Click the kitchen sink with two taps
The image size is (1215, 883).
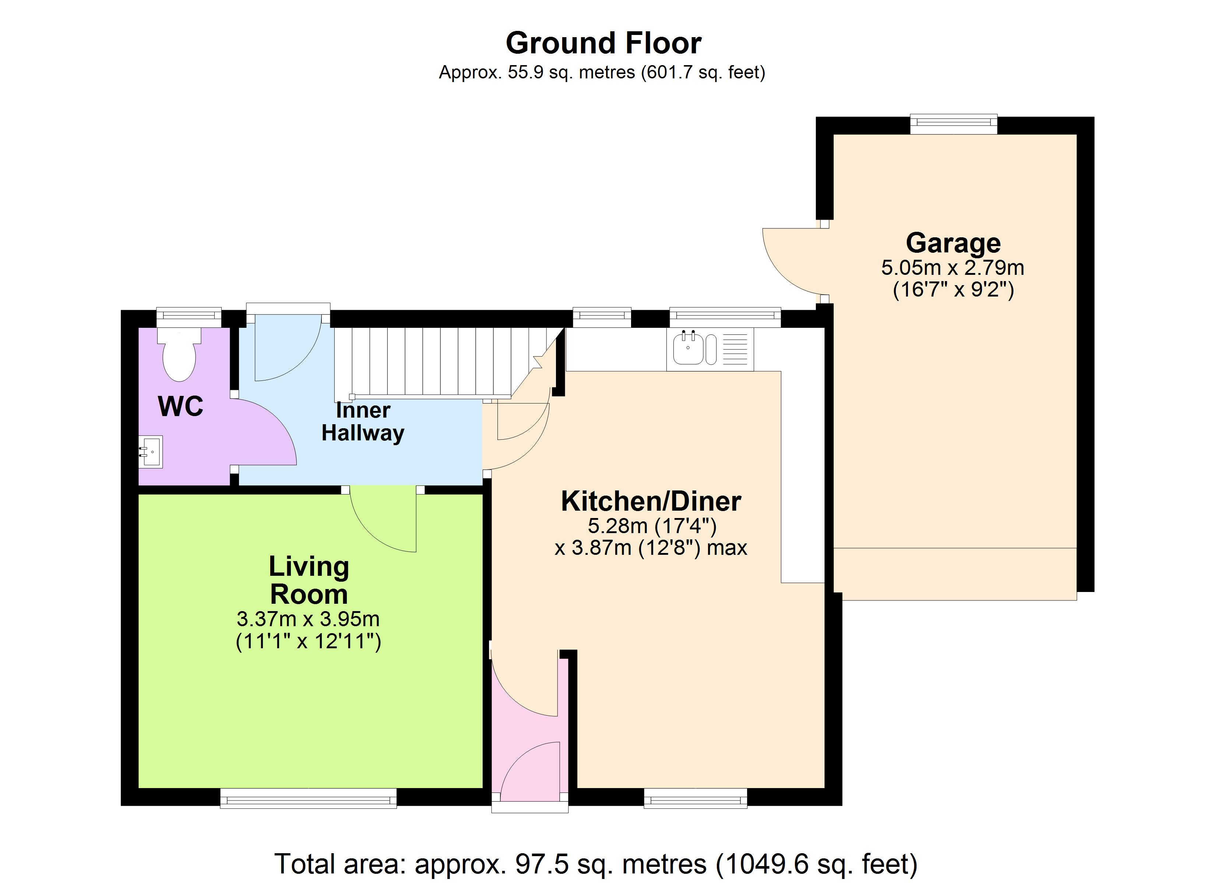coord(695,348)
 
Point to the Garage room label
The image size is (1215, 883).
coord(953,243)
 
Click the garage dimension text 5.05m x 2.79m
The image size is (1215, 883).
coord(952,267)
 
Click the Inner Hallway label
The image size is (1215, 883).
coord(363,421)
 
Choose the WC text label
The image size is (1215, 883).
coord(180,407)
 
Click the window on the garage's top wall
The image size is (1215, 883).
coord(954,125)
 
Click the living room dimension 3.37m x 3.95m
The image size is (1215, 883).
coord(308,619)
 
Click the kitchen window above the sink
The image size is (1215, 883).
coord(725,318)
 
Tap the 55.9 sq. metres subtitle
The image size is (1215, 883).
coord(602,72)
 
